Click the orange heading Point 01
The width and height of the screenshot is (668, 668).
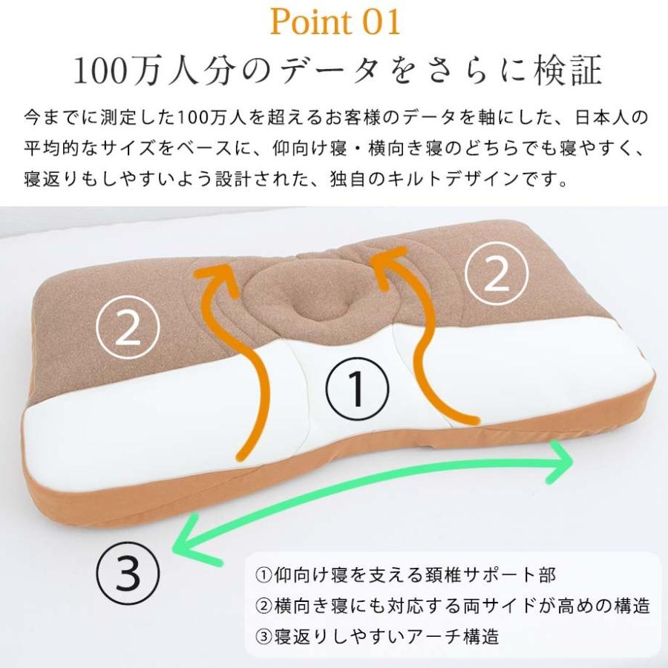335,22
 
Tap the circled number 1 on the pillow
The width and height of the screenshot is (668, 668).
356,388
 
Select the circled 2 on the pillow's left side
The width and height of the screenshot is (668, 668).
128,329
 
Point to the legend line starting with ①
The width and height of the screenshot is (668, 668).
405,575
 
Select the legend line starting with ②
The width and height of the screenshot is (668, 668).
453,606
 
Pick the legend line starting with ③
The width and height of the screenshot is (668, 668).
377,636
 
